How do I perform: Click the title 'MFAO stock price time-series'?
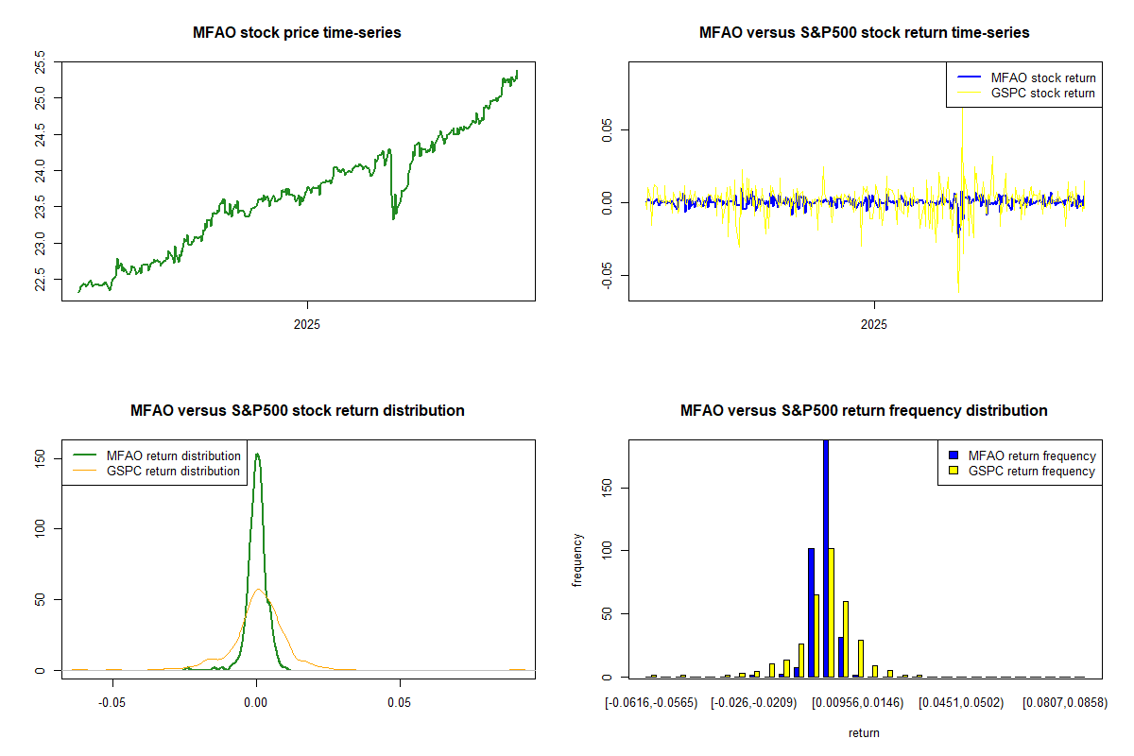297,33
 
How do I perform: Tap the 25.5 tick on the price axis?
40,62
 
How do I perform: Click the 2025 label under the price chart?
307,325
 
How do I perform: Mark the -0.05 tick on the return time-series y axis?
607,275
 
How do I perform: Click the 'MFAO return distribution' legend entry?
173,455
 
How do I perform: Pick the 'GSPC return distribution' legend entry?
173,471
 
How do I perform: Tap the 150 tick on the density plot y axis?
40,457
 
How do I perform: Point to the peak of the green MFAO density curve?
257,455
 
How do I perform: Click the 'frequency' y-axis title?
578,559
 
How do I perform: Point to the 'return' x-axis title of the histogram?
864,732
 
